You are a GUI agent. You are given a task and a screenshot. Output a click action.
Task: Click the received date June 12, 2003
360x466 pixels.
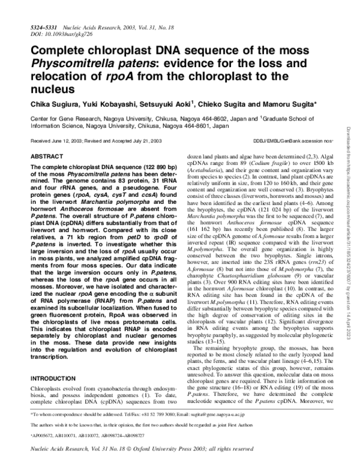pos(69,140)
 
